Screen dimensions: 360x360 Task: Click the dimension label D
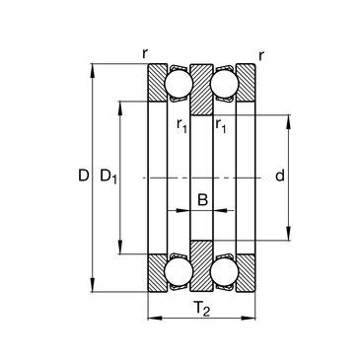84,176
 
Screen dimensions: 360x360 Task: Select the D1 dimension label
108,177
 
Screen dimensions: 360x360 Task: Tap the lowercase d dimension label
280,176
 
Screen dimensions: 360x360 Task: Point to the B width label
202,199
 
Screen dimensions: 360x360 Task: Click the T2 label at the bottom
202,309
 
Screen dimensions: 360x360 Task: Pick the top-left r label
145,53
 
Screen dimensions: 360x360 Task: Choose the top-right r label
261,56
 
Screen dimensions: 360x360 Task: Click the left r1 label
181,125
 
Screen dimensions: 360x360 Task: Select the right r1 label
221,125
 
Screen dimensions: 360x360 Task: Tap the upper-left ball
179,83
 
